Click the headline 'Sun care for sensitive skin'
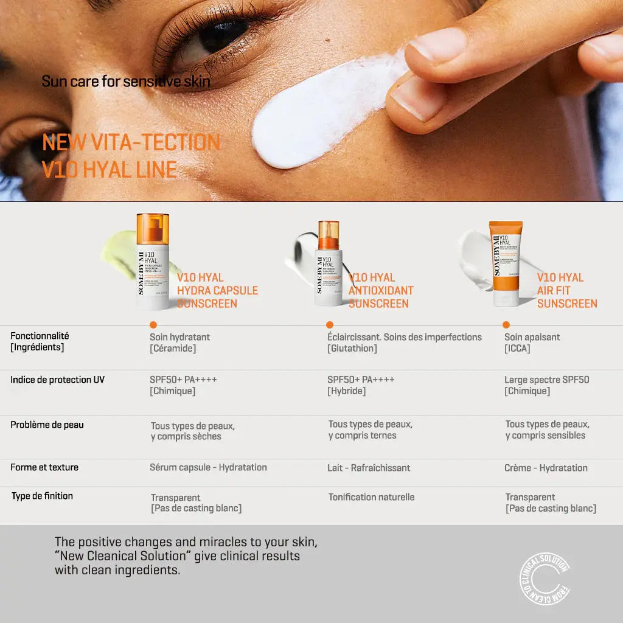click(126, 81)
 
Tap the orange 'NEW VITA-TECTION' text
click(131, 142)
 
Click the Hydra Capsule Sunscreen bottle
click(152, 262)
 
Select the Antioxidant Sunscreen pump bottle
click(329, 265)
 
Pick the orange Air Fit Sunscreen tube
click(506, 263)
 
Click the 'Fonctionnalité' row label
click(40, 336)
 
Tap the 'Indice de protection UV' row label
click(57, 380)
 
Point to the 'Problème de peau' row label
click(47, 425)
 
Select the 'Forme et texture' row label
click(44, 467)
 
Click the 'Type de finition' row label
click(42, 496)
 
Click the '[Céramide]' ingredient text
click(173, 349)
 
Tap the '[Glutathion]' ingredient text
click(352, 349)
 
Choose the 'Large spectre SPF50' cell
click(546, 380)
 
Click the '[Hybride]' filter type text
click(346, 391)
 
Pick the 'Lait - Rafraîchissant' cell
click(368, 468)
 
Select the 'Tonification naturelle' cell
click(371, 497)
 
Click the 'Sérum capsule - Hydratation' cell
click(208, 467)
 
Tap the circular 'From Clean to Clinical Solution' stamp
click(545, 579)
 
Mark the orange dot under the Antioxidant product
click(330, 325)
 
